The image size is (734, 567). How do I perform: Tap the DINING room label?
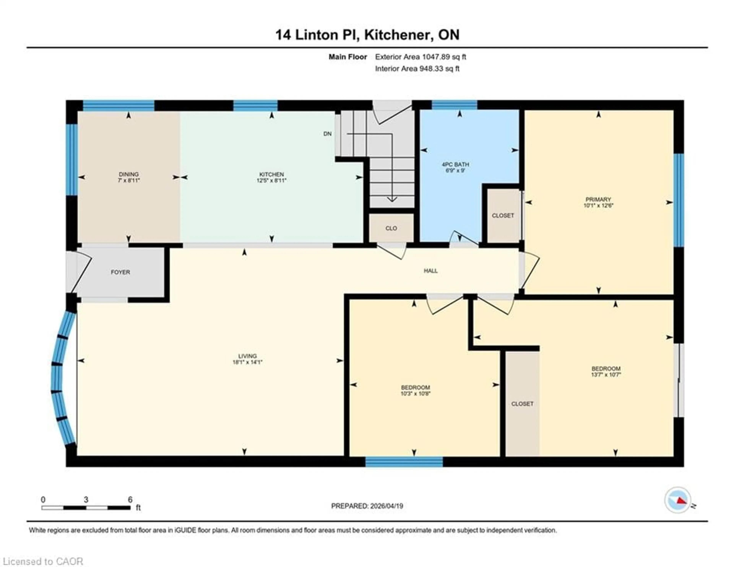pos(129,174)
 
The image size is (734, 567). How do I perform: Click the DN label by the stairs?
pos(327,134)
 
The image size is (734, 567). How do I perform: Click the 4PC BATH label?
pos(455,165)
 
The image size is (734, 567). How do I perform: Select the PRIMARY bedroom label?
pos(598,199)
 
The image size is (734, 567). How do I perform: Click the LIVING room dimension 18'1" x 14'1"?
pos(247,362)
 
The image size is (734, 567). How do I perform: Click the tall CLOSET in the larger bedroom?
pos(522,404)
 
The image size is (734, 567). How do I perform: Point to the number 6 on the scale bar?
pos(130,499)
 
